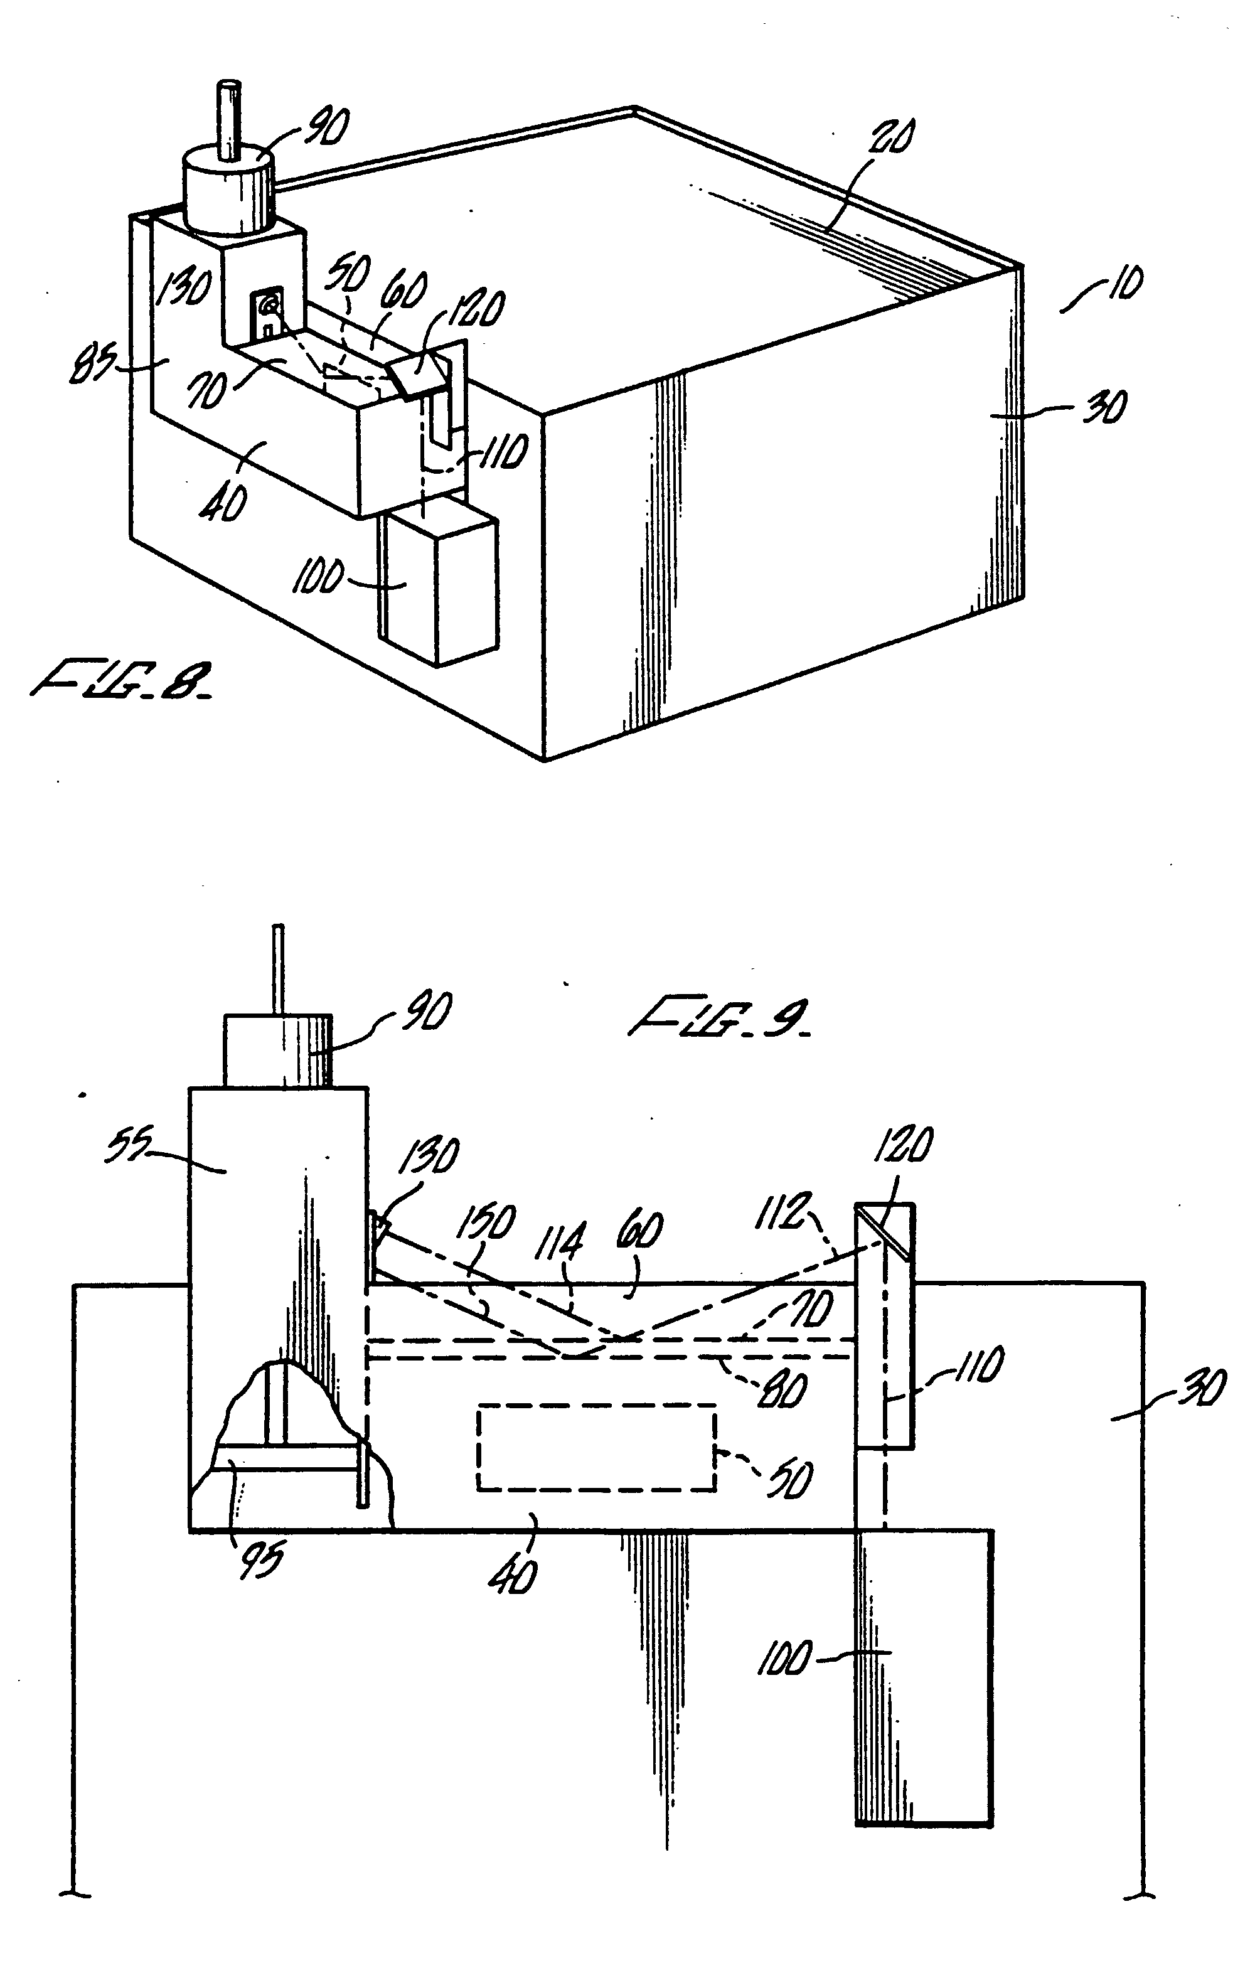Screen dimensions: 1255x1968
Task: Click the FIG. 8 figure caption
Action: point(122,681)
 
